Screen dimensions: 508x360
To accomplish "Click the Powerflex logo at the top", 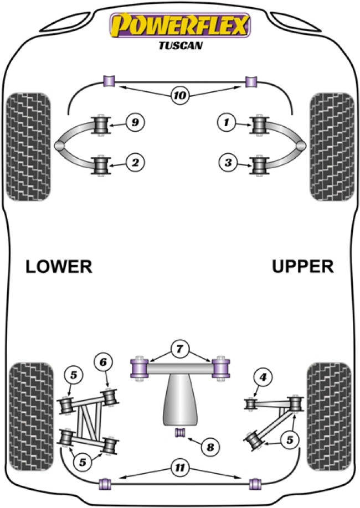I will [179, 24].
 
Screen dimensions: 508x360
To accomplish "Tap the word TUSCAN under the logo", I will [179, 46].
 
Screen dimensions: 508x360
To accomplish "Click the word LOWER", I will [59, 267].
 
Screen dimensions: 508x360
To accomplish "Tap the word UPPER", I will [303, 267].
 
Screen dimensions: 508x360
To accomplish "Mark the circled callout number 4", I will [262, 378].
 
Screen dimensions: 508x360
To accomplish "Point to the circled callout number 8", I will [209, 446].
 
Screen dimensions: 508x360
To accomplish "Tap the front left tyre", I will [28, 146].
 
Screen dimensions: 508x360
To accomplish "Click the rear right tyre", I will [330, 413].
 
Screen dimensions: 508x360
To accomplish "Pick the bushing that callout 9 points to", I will [101, 124].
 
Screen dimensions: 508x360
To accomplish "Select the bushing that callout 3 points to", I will [259, 164].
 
